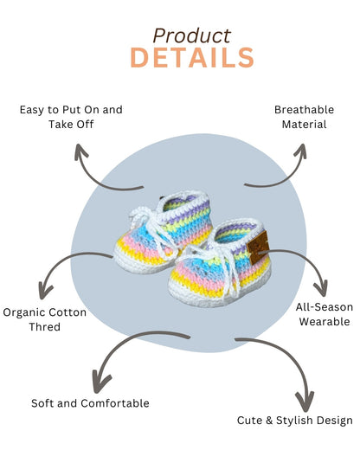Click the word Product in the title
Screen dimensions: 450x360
(x=192, y=35)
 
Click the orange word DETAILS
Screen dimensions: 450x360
(x=192, y=58)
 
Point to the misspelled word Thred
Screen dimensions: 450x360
(x=44, y=328)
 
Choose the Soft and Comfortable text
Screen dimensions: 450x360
(x=90, y=402)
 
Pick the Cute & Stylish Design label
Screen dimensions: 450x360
(x=294, y=420)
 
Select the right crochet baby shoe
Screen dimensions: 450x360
(x=228, y=260)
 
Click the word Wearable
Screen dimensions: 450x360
(x=325, y=321)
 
